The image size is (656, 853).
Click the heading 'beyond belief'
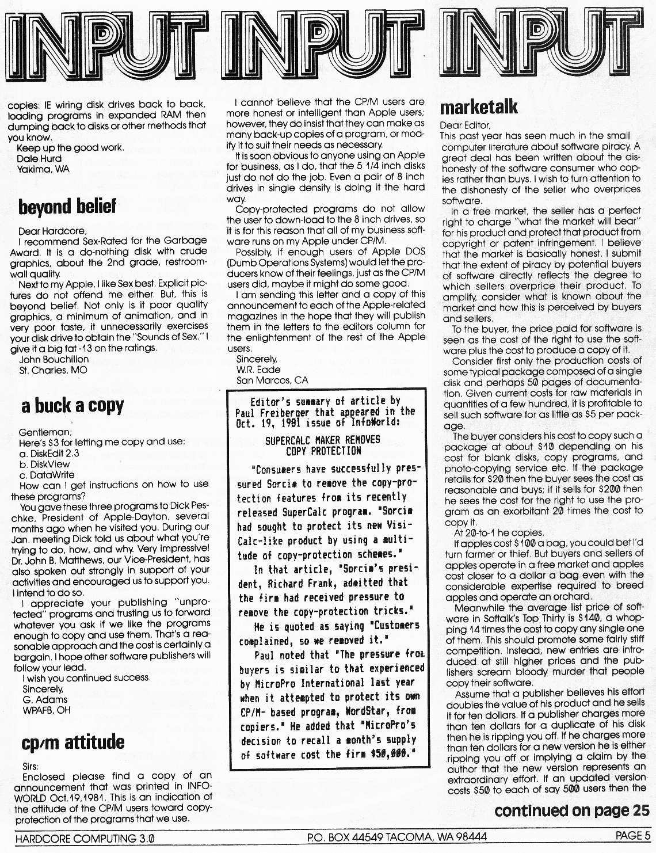pos(67,206)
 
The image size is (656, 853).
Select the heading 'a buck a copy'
pos(72,406)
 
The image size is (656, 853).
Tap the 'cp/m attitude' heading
pos(73,742)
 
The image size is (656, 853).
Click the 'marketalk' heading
pos(479,107)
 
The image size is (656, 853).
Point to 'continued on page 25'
pos(571,811)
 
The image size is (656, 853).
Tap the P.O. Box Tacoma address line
pos(397,837)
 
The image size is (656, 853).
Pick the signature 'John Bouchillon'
pos(54,359)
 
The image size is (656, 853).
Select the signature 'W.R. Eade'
pos(258,370)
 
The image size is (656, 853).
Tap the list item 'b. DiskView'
pos(44,464)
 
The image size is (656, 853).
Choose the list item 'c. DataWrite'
pos(47,475)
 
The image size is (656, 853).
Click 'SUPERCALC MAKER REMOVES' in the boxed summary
pos(322,440)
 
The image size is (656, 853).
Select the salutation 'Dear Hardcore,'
pos(52,231)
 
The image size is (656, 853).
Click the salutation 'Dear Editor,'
pos(465,125)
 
